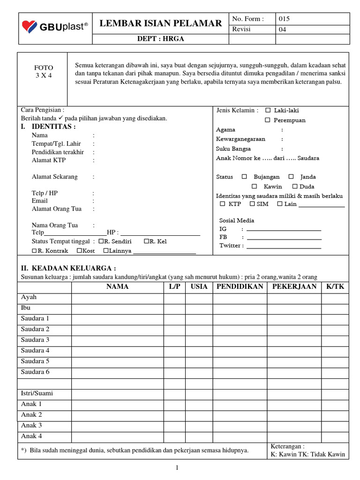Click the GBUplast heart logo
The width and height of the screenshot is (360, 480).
(x=29, y=27)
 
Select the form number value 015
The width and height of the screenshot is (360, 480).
(x=284, y=19)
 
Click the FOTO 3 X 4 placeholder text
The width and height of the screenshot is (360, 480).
(x=44, y=71)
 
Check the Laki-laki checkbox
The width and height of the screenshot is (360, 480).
(x=268, y=111)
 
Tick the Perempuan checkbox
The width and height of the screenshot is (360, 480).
(x=268, y=120)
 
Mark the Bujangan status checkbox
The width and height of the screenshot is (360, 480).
(x=244, y=177)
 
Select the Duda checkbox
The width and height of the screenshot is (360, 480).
(x=295, y=187)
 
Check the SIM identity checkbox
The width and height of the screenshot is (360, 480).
(x=252, y=204)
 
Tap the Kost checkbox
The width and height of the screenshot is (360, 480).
(x=80, y=251)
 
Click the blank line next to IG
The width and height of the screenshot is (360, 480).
(x=284, y=229)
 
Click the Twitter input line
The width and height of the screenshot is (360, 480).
(x=284, y=246)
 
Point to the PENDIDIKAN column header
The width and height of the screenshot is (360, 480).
(x=240, y=286)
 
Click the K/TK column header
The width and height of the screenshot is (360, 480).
(x=335, y=286)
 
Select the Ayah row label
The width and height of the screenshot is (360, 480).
(x=29, y=297)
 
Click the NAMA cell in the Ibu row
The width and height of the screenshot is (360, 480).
(x=117, y=308)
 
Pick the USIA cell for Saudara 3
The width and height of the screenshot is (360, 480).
(x=199, y=340)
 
